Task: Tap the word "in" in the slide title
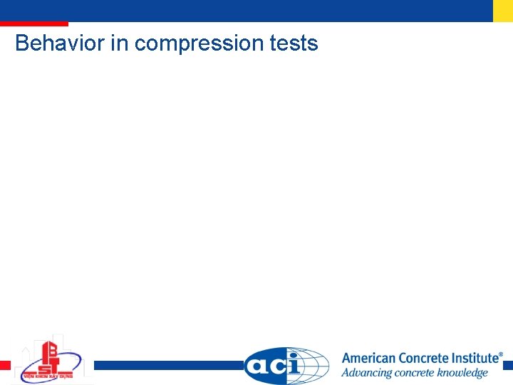point(119,43)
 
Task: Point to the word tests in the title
point(294,43)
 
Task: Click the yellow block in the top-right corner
point(502,11)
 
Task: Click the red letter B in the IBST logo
point(51,350)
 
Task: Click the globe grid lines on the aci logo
point(313,366)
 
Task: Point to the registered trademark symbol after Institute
point(500,354)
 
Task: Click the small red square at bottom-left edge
point(5,365)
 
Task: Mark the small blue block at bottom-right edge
point(507,365)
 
